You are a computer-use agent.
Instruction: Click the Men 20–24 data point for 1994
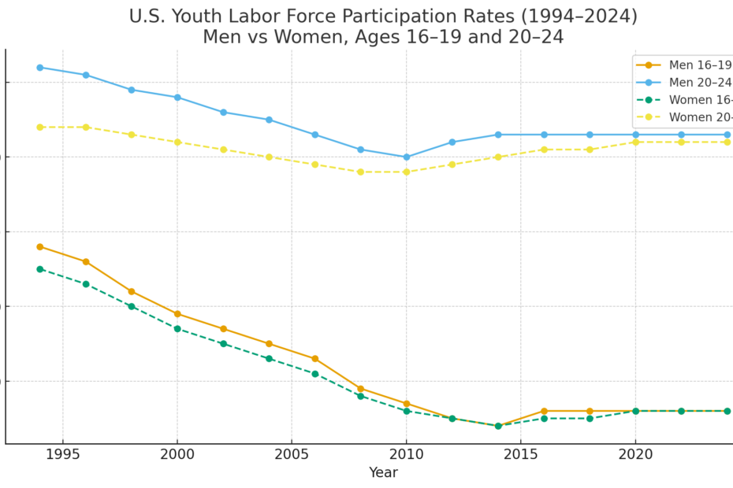pyautogui.click(x=40, y=68)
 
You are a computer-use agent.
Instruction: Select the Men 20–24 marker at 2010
pyautogui.click(x=407, y=157)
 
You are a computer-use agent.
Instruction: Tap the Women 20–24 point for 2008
pyautogui.click(x=361, y=172)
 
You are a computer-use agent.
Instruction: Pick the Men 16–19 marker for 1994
pyautogui.click(x=40, y=246)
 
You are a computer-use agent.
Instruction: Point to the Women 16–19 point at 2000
pyautogui.click(x=177, y=328)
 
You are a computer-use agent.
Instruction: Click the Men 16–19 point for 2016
pyautogui.click(x=544, y=411)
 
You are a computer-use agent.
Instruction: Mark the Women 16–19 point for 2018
pyautogui.click(x=590, y=418)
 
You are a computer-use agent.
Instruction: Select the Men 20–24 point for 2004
pyautogui.click(x=269, y=120)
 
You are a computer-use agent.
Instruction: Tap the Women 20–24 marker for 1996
pyautogui.click(x=86, y=127)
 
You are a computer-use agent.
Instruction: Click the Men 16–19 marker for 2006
pyautogui.click(x=315, y=359)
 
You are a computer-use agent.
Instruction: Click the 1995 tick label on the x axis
pyautogui.click(x=63, y=455)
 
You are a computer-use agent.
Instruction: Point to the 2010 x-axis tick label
pyautogui.click(x=407, y=455)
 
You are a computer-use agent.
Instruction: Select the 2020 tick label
pyautogui.click(x=635, y=455)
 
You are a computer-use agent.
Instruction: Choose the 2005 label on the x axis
pyautogui.click(x=292, y=455)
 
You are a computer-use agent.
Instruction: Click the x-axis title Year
pyautogui.click(x=384, y=473)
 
